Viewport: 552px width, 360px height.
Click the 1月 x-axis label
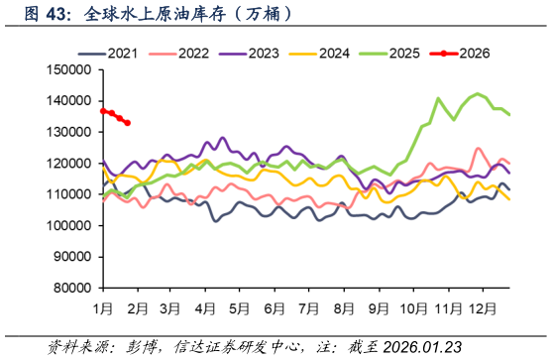[x=103, y=308]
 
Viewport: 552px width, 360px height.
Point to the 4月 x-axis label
[x=206, y=308]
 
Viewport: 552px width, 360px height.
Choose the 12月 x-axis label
[x=484, y=308]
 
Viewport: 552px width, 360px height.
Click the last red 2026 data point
[x=128, y=123]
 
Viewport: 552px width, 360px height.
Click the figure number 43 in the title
[x=59, y=16]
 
